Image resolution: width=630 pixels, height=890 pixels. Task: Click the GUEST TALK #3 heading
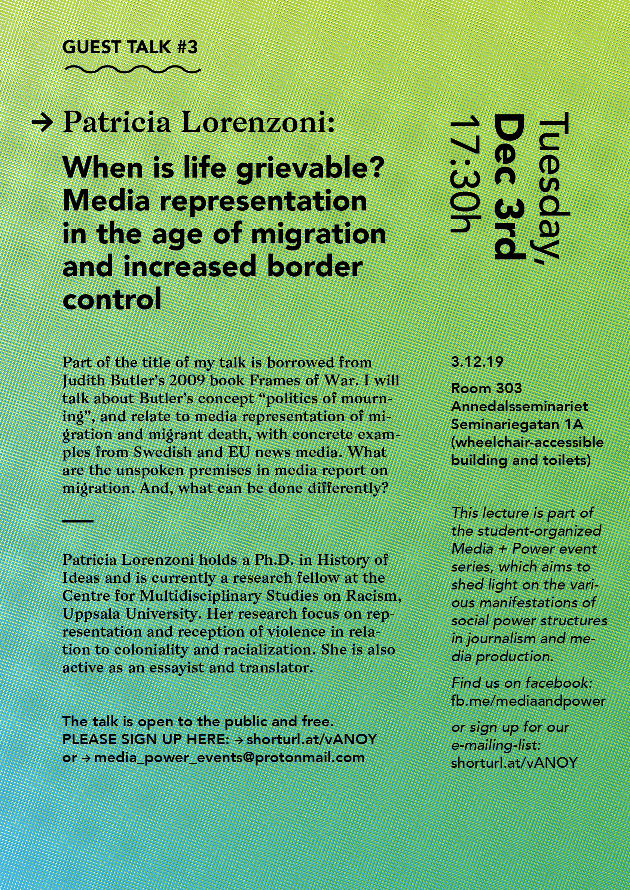coord(130,48)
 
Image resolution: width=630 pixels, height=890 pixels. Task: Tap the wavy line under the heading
coord(132,70)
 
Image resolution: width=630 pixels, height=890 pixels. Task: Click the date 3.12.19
coord(477,362)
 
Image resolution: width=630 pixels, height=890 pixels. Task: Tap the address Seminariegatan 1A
coord(517,425)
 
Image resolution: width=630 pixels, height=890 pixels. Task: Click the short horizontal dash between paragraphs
coord(78,521)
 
